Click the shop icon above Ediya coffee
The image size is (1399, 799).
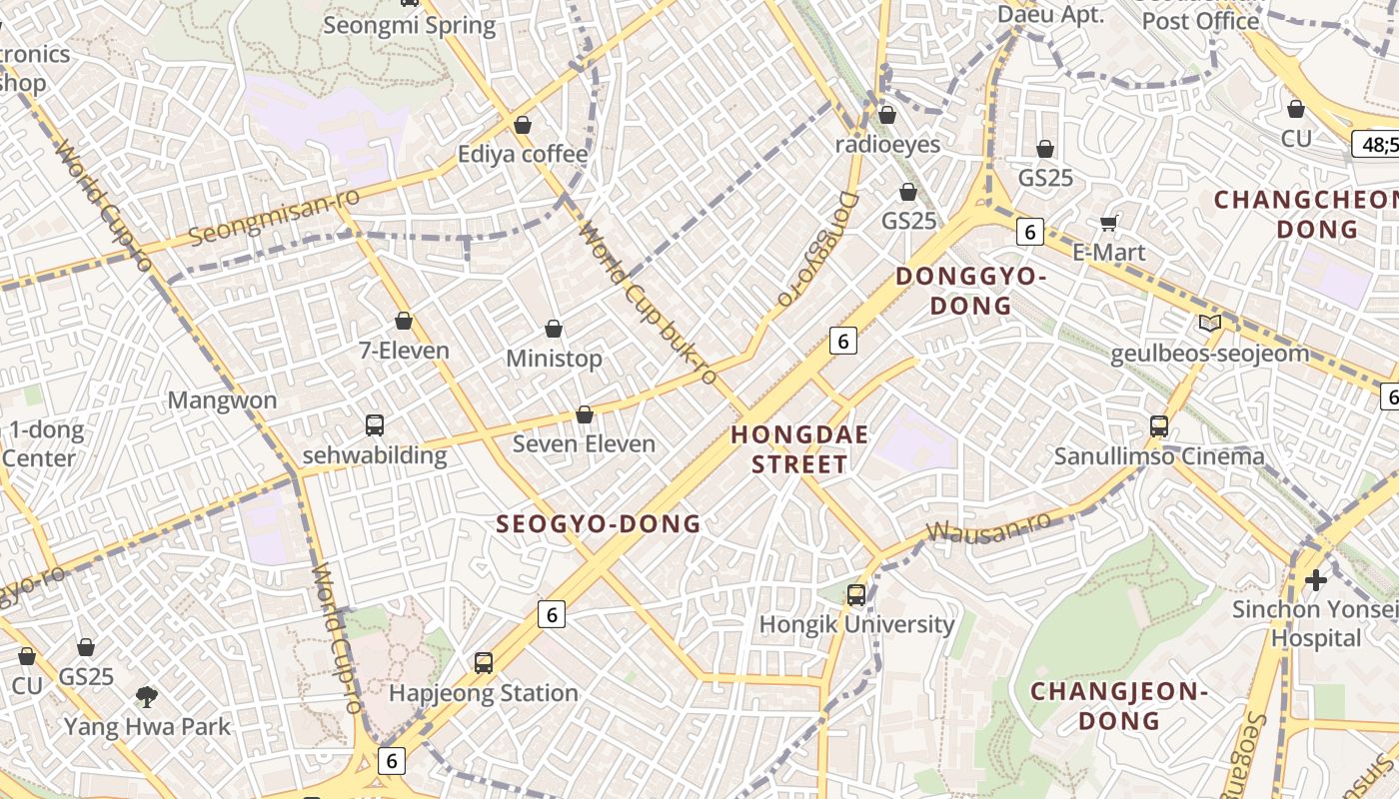tap(522, 125)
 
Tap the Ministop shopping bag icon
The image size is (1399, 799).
tap(554, 329)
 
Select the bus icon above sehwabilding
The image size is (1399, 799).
tap(375, 425)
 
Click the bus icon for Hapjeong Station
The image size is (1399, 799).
tap(484, 662)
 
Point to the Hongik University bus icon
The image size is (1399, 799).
tap(856, 594)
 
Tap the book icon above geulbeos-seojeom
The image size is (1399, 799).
tap(1210, 323)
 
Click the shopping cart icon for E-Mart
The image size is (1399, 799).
tap(1108, 222)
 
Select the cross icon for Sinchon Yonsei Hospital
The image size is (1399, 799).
tap(1316, 579)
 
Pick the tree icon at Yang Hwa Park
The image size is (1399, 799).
tap(147, 696)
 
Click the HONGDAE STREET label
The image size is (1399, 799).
tap(799, 449)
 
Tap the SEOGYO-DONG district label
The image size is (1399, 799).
tap(599, 523)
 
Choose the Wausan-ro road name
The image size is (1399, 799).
tap(988, 526)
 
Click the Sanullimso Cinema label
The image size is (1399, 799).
tap(1159, 456)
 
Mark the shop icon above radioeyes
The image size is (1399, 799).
tap(886, 114)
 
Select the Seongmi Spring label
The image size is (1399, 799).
tap(409, 25)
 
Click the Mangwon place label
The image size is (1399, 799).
tap(222, 400)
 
